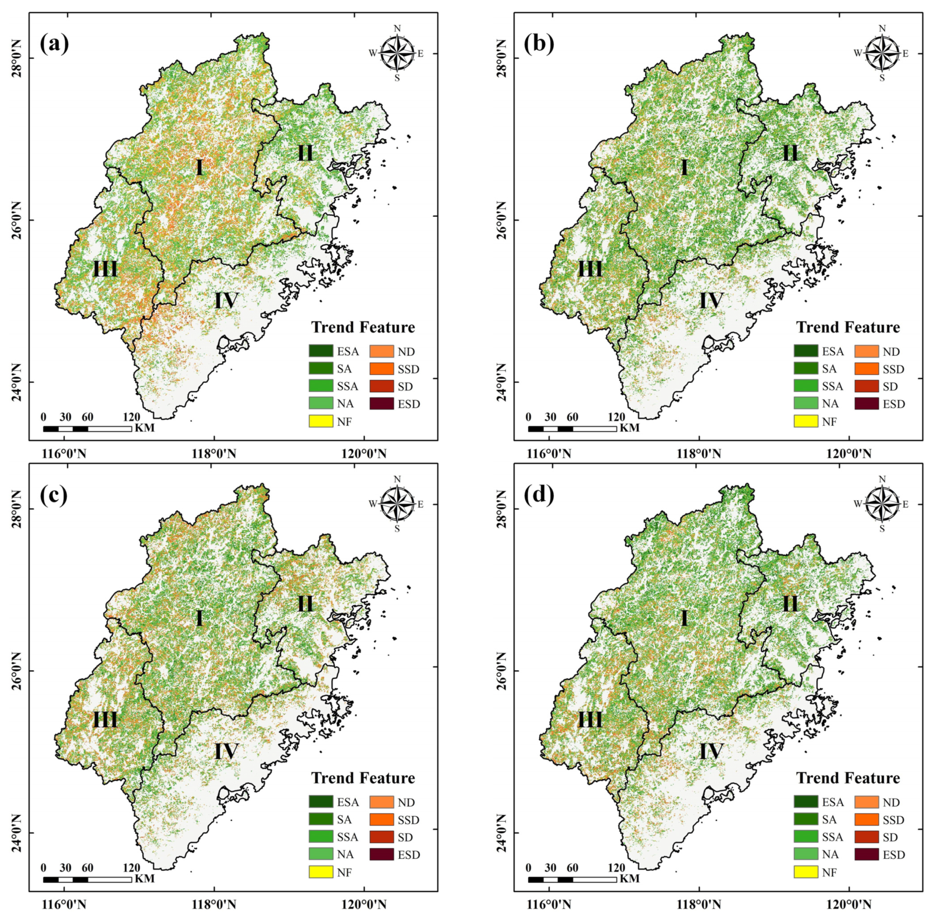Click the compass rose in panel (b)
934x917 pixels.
[882, 53]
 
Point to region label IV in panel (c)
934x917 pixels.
[226, 751]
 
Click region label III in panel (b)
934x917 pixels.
[590, 269]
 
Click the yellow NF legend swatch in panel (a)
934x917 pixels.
[321, 421]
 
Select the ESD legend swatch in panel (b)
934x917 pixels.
[867, 403]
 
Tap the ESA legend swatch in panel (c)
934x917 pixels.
[321, 802]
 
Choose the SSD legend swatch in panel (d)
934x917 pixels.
[867, 819]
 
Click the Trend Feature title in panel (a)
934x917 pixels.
[363, 328]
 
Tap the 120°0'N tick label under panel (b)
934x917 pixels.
[849, 454]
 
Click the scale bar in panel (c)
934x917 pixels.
[87, 879]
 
